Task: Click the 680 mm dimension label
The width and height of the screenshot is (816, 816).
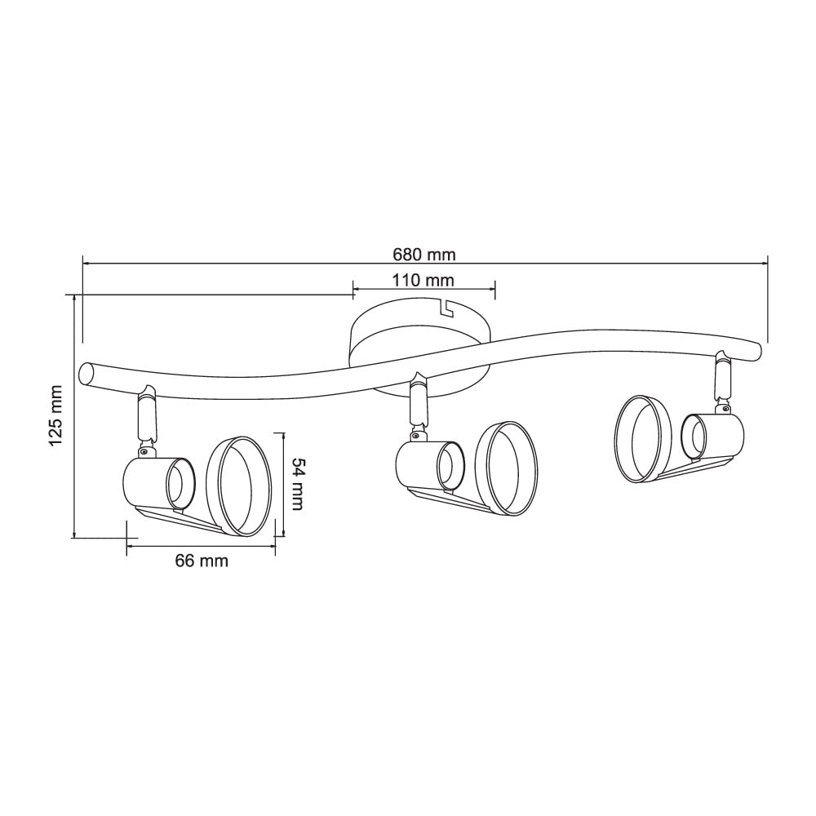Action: (x=424, y=255)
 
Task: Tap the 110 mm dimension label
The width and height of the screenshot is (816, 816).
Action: (x=423, y=281)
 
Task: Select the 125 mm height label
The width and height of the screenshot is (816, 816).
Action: (x=55, y=415)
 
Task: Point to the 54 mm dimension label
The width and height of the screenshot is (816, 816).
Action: (x=297, y=484)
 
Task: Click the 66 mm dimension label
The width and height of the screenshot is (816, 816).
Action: (x=202, y=561)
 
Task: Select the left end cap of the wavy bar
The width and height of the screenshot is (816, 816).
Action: (x=86, y=375)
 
